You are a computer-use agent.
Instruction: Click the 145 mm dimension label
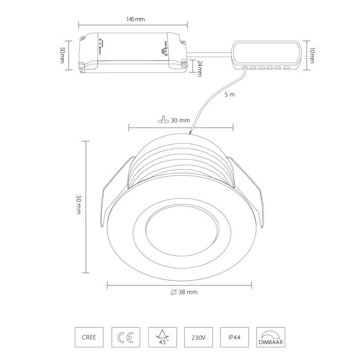[x=135, y=19]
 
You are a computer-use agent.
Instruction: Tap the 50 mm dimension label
[x=62, y=55]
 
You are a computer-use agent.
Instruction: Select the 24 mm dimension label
[x=200, y=68]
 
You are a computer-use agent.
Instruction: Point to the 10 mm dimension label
[x=312, y=56]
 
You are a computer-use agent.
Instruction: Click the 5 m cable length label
[x=229, y=95]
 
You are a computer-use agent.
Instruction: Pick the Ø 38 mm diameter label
[x=184, y=292]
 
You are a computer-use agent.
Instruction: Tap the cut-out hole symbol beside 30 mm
[x=164, y=120]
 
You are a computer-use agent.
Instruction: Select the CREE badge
[x=89, y=337]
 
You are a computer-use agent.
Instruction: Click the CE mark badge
[x=125, y=337]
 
